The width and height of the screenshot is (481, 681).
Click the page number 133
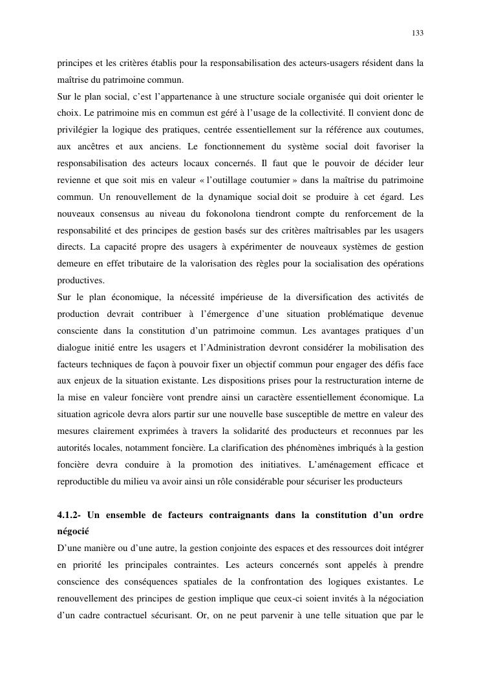point(418,33)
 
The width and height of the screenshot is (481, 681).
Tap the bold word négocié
point(72,532)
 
